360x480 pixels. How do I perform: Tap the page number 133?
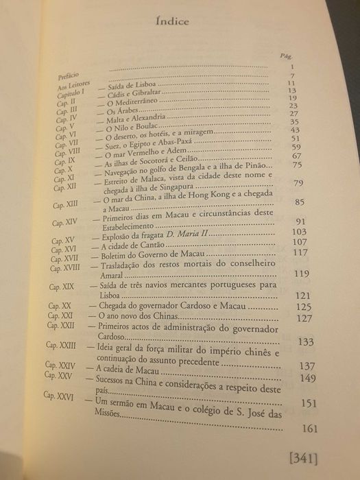click(306, 341)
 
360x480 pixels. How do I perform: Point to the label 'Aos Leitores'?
click(71, 85)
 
